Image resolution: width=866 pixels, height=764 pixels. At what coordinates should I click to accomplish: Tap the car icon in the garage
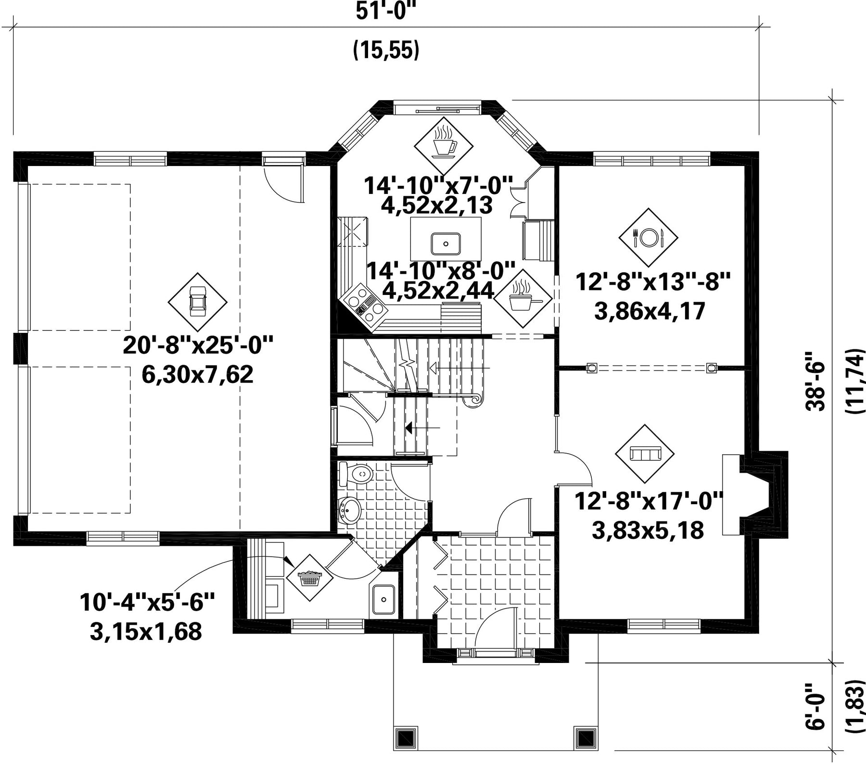click(x=197, y=301)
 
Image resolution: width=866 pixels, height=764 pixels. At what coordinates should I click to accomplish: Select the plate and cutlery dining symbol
click(x=648, y=237)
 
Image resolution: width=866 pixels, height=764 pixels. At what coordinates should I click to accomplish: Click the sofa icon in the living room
click(x=645, y=453)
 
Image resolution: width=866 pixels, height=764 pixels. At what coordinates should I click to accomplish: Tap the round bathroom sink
click(x=350, y=510)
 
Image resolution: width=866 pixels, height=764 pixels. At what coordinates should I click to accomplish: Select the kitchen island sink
click(x=446, y=243)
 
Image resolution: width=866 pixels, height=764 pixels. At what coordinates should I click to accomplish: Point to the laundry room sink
click(x=384, y=599)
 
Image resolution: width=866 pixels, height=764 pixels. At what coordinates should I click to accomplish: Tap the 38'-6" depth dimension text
click(x=815, y=382)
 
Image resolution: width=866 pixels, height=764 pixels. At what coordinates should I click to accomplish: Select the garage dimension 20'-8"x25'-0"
click(x=198, y=345)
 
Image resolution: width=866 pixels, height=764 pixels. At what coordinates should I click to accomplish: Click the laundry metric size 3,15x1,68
click(x=146, y=632)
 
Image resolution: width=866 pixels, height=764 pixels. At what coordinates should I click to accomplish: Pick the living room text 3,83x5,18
click(x=648, y=530)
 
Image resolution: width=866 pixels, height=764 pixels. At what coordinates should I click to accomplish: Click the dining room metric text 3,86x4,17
click(x=650, y=311)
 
